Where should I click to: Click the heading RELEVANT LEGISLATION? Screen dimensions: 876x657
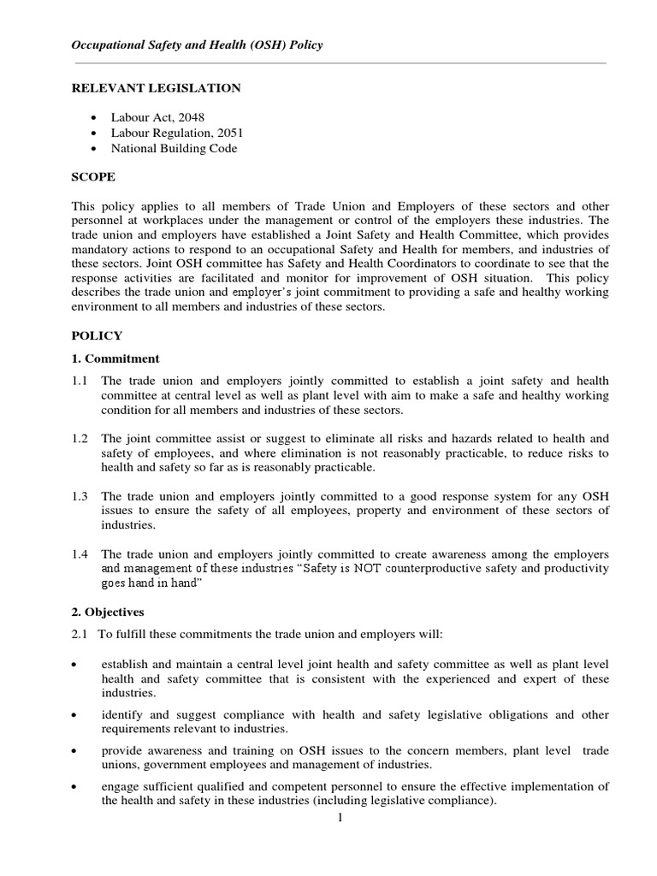point(155,88)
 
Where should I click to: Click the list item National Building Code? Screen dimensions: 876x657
point(174,148)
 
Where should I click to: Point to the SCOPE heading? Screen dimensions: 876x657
point(92,177)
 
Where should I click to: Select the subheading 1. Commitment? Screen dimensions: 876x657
point(115,358)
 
